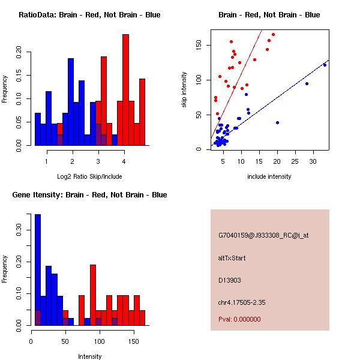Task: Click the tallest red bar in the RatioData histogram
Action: [x=125, y=90]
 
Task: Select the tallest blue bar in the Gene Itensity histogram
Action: [x=38, y=270]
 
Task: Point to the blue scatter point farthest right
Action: [x=325, y=65]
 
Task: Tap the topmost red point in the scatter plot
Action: [x=273, y=35]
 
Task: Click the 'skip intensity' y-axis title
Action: [x=184, y=89]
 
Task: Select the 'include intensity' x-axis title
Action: [x=269, y=176]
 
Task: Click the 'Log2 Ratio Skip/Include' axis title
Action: [x=89, y=176]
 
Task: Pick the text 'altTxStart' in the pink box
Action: [x=232, y=258]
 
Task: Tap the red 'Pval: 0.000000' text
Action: [x=239, y=319]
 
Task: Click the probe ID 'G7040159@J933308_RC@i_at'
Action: [x=263, y=235]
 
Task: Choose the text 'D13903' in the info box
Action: [x=230, y=280]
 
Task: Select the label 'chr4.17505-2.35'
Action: [x=242, y=302]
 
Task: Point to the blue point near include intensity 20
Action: [x=277, y=123]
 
